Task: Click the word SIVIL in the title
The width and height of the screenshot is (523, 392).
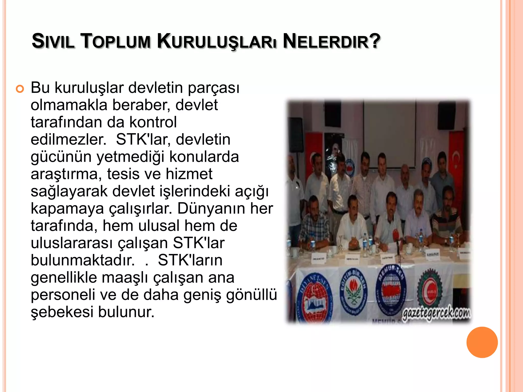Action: (x=53, y=41)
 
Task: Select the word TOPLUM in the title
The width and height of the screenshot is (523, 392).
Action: (x=115, y=41)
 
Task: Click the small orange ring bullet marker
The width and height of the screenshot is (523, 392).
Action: (x=20, y=89)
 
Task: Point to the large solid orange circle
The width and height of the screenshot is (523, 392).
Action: (x=482, y=342)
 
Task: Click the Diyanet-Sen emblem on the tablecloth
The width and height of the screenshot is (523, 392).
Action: (x=314, y=299)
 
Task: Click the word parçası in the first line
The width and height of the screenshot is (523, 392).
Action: (x=213, y=88)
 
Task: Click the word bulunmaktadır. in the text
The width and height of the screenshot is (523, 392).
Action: (x=82, y=260)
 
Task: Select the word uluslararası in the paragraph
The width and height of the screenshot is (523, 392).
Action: (x=72, y=243)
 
